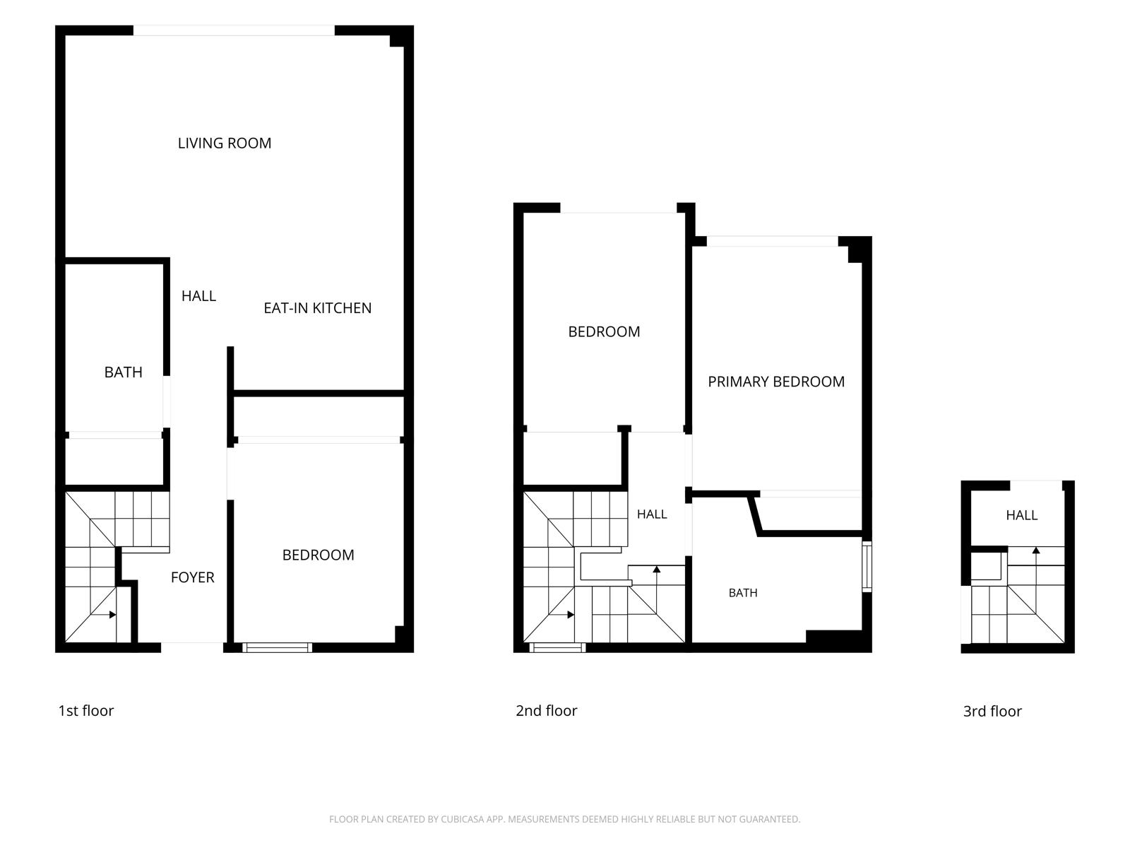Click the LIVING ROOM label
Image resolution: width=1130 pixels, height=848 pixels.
click(x=225, y=143)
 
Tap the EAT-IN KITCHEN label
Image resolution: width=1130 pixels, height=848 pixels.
click(x=318, y=308)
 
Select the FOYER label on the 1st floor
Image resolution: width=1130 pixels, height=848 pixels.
click(x=193, y=577)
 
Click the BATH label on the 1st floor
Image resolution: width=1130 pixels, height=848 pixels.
click(x=123, y=372)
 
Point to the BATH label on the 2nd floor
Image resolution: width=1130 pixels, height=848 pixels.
click(x=743, y=593)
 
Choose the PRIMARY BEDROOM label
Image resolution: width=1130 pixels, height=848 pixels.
click(x=775, y=382)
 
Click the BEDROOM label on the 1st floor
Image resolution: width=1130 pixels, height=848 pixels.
click(x=318, y=555)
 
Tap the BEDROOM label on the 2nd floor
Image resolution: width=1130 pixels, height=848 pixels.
click(x=604, y=331)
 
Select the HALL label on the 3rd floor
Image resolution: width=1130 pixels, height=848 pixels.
click(x=1021, y=515)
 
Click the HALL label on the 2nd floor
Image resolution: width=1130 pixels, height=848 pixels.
click(x=652, y=514)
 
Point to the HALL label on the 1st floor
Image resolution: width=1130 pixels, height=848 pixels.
click(x=198, y=296)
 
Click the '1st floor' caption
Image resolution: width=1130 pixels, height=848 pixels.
click(x=86, y=710)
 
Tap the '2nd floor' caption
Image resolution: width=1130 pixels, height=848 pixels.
click(x=546, y=710)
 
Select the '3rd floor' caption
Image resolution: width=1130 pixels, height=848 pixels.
click(x=992, y=711)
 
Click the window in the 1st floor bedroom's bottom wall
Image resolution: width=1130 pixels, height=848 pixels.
click(x=277, y=647)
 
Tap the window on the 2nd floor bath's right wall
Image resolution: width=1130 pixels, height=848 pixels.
click(x=867, y=566)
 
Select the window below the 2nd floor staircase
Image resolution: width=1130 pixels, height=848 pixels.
click(x=557, y=647)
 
